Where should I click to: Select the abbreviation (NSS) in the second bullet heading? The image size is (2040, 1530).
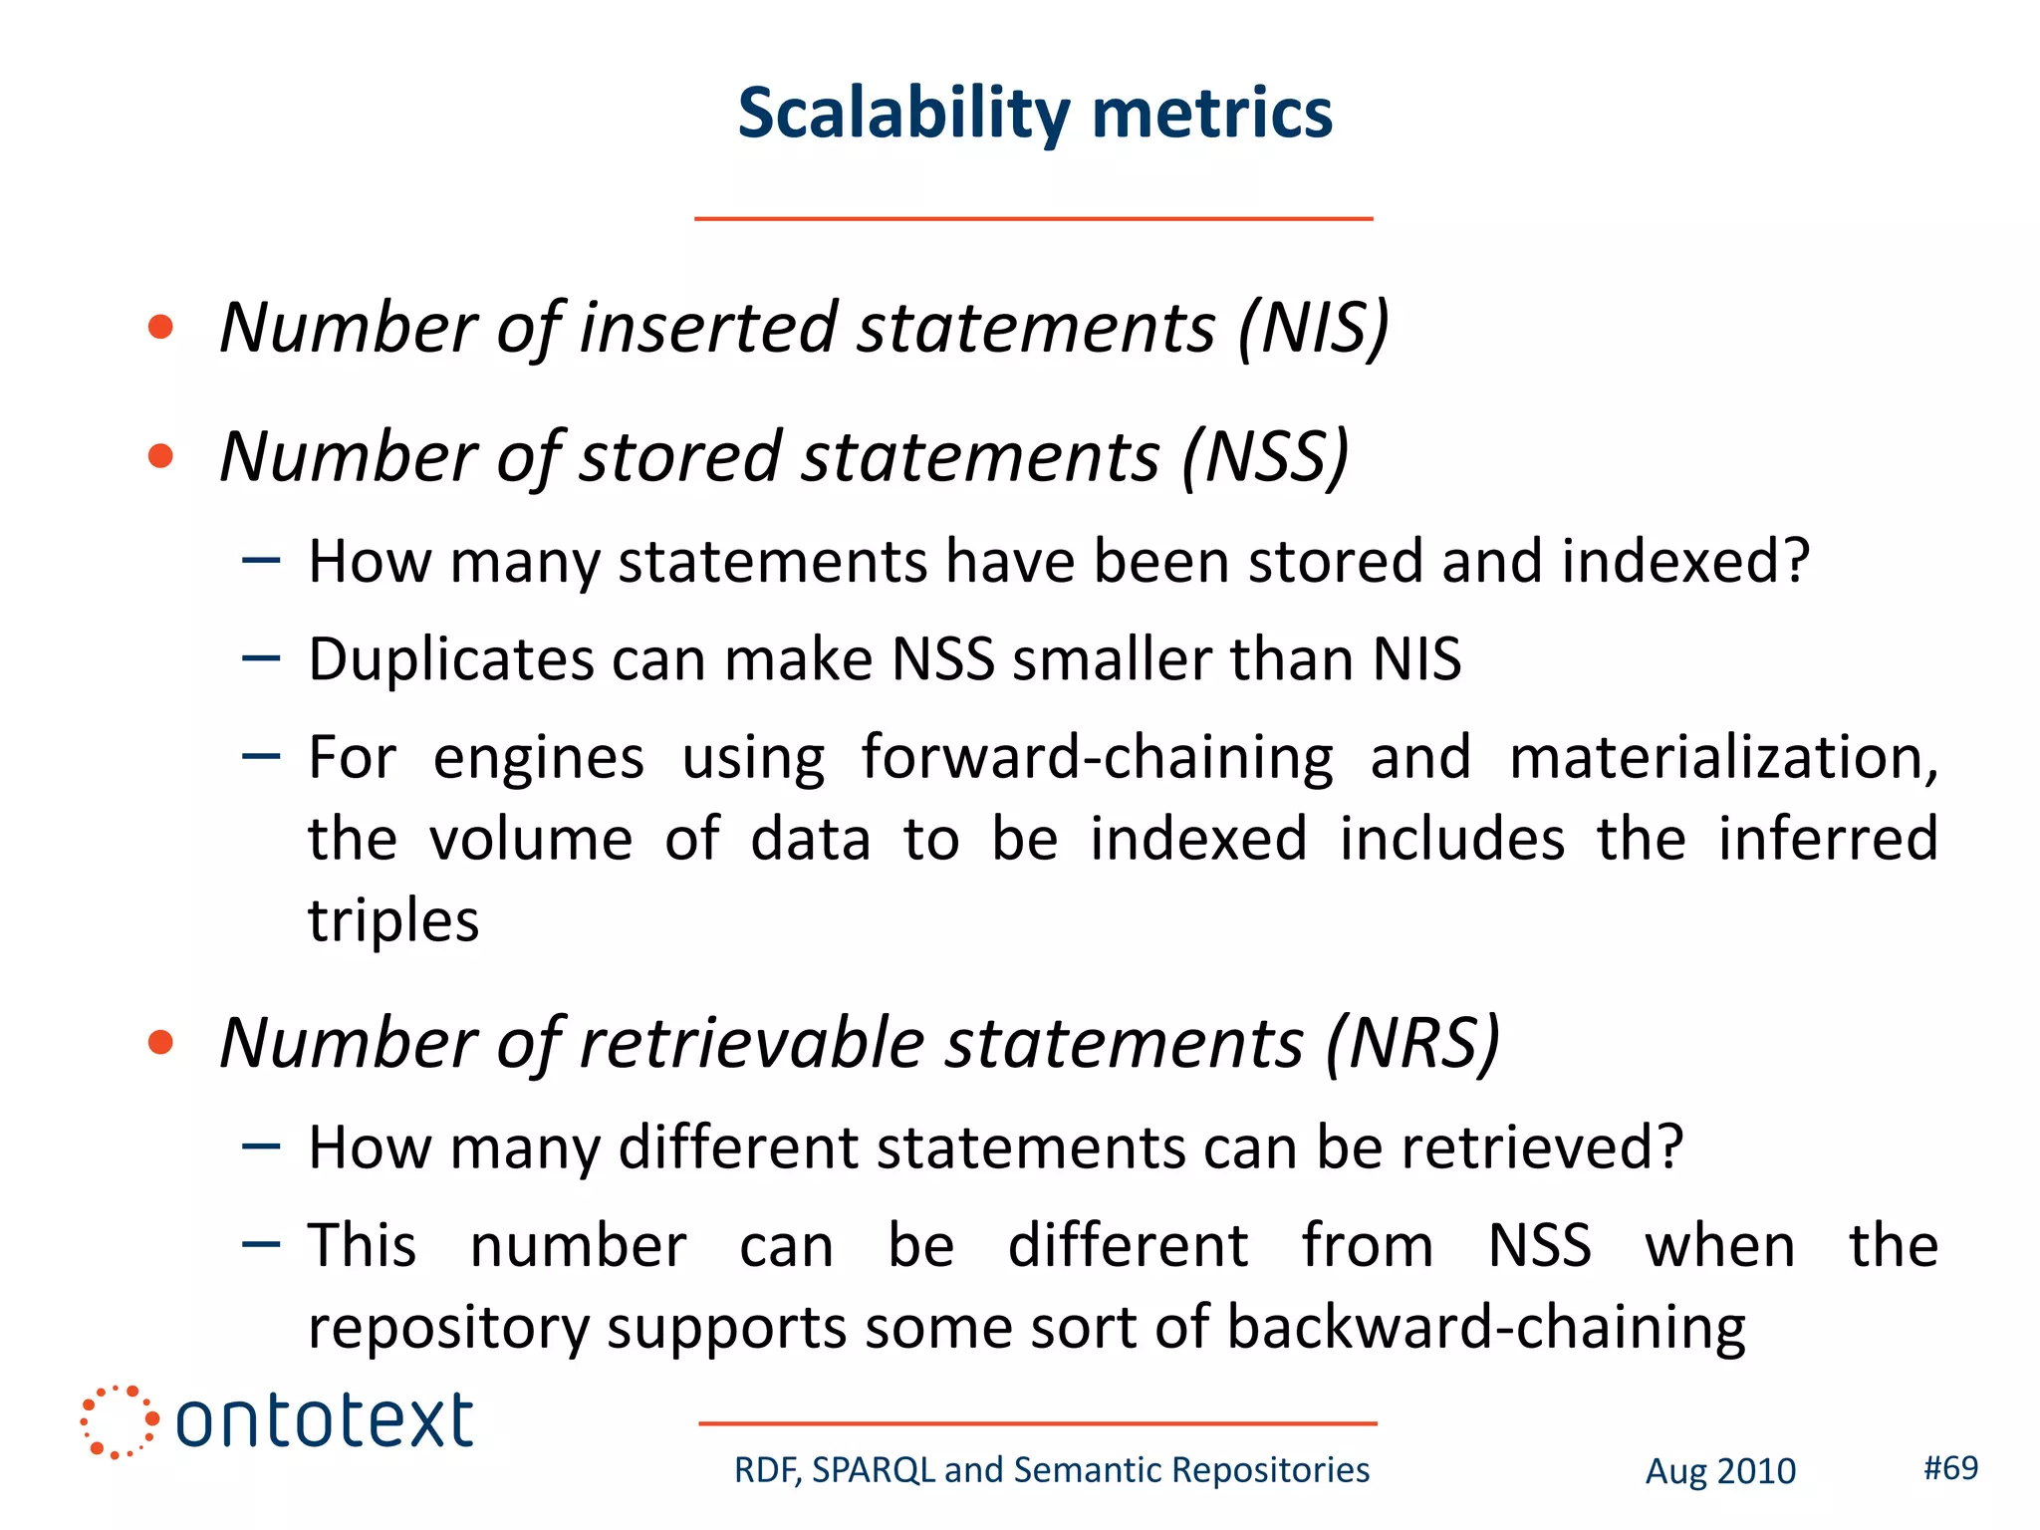[x=1265, y=458]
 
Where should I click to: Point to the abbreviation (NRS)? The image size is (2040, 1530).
[x=1411, y=1045]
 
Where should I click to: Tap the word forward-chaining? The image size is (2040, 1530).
[x=1097, y=758]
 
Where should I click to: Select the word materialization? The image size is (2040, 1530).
[x=1722, y=758]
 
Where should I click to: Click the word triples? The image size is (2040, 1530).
[x=393, y=920]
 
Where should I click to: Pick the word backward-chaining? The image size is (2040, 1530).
[x=1485, y=1328]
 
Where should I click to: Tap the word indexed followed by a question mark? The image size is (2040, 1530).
[x=1684, y=562]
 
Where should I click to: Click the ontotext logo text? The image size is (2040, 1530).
[x=325, y=1421]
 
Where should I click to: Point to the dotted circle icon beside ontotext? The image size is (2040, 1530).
[x=119, y=1421]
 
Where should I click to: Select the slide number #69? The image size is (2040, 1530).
[x=1950, y=1468]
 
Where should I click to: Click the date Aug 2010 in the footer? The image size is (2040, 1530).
[x=1720, y=1471]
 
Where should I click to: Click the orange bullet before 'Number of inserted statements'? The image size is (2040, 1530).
[x=160, y=328]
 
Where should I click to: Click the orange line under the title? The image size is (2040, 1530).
[x=1033, y=218]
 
